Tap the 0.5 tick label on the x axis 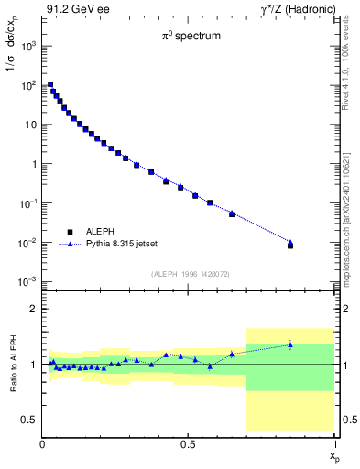point(188,444)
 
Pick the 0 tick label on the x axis point(43,444)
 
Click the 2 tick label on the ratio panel point(32,309)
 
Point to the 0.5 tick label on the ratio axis point(28,420)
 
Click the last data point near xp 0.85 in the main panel point(290,245)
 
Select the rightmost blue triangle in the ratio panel point(290,344)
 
